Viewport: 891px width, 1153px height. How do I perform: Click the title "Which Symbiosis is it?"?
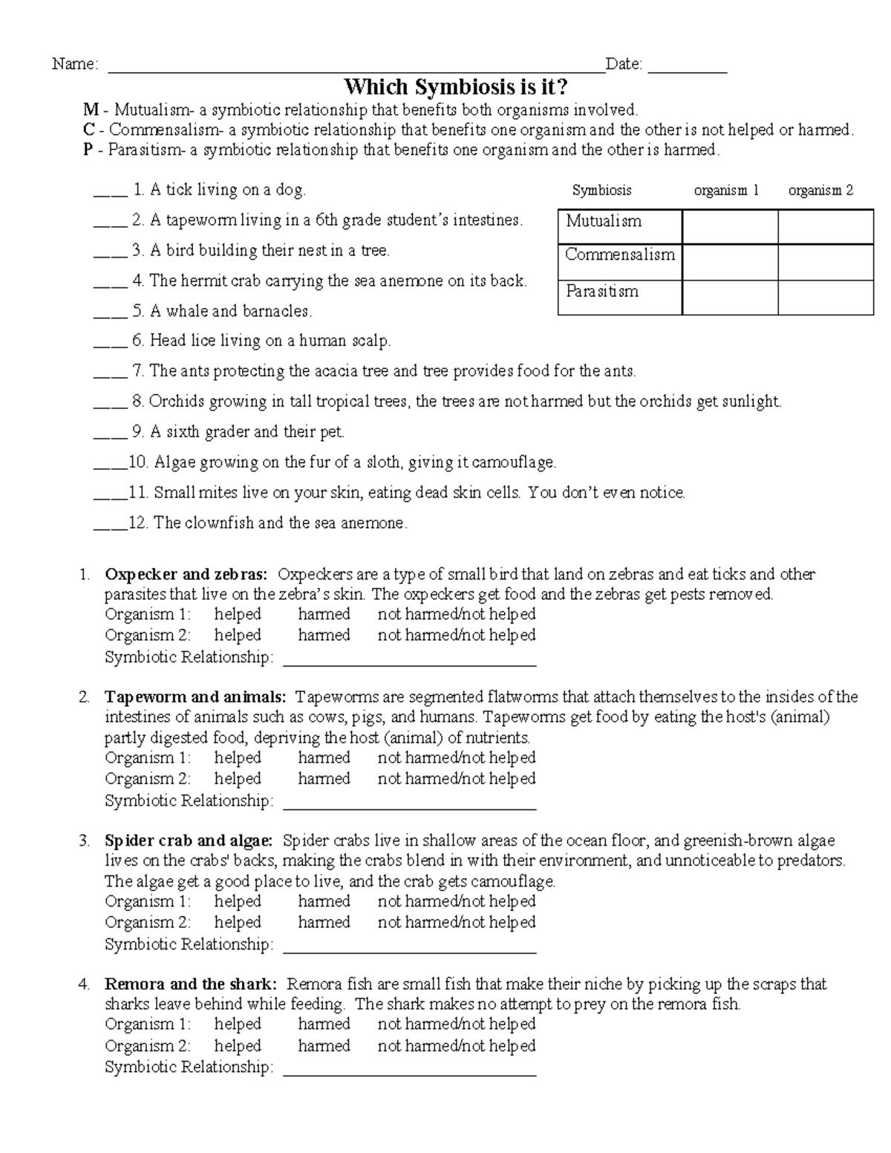[456, 88]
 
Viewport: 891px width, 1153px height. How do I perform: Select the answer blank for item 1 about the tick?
[110, 194]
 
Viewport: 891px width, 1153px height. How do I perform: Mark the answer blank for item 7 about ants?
[110, 375]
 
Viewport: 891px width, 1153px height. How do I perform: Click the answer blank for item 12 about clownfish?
[110, 527]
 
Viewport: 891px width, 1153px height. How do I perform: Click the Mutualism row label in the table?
[603, 221]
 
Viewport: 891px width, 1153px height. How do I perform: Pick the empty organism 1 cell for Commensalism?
[729, 262]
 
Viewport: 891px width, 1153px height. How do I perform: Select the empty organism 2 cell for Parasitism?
[825, 297]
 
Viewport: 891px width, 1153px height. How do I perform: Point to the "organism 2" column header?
[820, 190]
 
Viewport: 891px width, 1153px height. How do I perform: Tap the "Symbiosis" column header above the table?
[601, 190]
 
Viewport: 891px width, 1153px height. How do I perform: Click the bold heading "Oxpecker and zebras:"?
[186, 574]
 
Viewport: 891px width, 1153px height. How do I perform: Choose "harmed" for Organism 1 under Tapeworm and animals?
[324, 758]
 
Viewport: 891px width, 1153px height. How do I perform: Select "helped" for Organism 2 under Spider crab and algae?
[238, 922]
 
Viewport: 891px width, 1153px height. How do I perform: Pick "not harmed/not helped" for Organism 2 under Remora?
[456, 1045]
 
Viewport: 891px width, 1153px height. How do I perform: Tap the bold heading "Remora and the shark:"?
[191, 984]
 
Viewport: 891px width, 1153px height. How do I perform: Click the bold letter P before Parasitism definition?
[88, 150]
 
